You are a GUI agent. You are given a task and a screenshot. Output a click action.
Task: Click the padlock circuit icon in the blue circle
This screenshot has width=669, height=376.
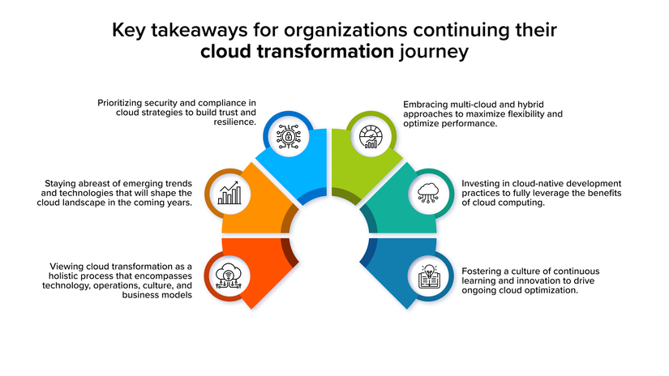coord(289,136)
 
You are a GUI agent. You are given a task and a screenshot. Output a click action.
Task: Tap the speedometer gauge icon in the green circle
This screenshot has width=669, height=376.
coord(371,137)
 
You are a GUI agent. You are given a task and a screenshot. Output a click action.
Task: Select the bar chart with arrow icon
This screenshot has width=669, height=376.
coord(229,193)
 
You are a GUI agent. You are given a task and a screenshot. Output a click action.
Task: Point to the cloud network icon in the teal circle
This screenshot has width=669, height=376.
coord(428,193)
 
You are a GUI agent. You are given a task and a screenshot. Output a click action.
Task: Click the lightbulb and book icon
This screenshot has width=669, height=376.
coord(429,276)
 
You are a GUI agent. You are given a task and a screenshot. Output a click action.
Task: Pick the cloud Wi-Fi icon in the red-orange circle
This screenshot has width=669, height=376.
coord(229,276)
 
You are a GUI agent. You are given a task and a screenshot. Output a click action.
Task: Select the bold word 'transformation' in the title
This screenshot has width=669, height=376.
coord(325,51)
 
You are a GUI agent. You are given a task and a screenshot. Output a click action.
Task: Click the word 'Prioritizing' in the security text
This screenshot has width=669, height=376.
coord(119,103)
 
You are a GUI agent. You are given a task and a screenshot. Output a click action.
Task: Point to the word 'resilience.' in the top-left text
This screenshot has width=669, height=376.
coord(234,122)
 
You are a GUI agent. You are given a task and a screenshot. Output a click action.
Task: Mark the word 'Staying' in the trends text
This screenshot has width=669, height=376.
coord(59,183)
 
